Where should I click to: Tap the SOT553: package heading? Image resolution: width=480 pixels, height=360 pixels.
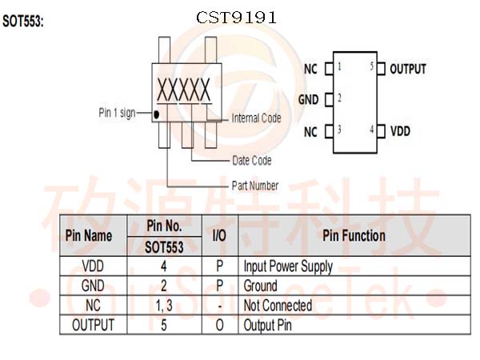tap(23, 22)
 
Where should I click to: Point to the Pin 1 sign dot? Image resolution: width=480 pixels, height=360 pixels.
tap(157, 114)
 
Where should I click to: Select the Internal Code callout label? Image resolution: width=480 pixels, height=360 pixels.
tap(256, 118)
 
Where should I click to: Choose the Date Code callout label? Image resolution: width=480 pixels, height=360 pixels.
tap(251, 161)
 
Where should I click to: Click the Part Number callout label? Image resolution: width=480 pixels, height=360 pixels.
tap(255, 186)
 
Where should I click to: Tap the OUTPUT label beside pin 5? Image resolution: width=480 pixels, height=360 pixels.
tap(408, 69)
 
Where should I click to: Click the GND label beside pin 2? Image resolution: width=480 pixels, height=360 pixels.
tap(308, 100)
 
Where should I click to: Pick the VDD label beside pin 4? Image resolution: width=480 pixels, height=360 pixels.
tap(400, 130)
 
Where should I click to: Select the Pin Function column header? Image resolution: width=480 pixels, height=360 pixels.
tap(354, 236)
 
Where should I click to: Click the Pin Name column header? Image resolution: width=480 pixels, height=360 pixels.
tap(88, 236)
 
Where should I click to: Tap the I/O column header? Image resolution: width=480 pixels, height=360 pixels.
tap(219, 236)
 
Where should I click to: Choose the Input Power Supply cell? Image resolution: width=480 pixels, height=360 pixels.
tap(287, 266)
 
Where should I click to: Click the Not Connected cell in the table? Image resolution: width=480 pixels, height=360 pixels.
tap(278, 306)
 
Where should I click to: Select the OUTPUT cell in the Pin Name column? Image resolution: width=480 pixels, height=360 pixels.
tap(93, 325)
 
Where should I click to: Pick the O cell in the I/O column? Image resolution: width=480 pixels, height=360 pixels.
tap(219, 325)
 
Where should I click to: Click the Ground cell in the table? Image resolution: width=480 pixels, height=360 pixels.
tap(261, 286)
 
